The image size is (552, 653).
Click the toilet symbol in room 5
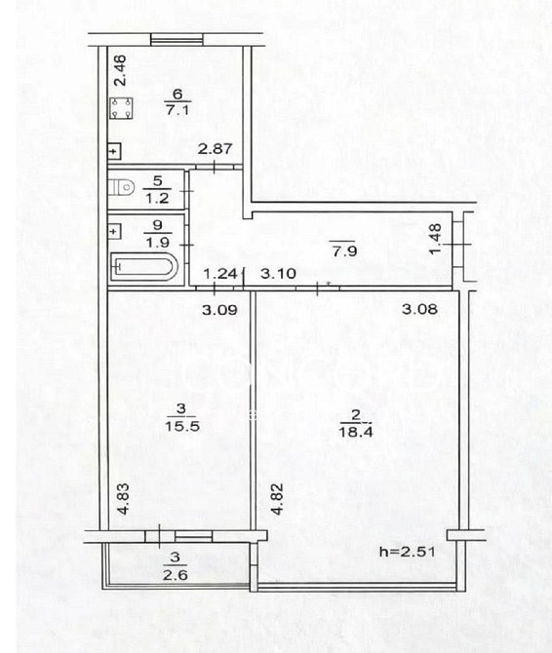121,187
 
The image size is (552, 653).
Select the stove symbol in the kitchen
121,108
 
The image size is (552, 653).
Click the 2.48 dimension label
120,71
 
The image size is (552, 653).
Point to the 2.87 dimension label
215,149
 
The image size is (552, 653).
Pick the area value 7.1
177,110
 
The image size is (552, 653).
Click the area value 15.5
182,426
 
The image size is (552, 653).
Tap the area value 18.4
355,432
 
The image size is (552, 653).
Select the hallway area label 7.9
344,251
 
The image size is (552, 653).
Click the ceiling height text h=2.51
408,552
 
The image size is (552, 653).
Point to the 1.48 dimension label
435,239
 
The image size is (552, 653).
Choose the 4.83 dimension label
123,498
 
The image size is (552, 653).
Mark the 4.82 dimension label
277,498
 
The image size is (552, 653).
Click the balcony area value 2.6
175,575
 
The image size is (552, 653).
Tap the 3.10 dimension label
278,274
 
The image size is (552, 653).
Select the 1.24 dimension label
220,274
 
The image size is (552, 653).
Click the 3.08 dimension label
419,309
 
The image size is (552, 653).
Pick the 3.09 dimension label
219,310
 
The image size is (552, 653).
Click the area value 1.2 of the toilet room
157,198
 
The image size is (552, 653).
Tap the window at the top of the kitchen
177,40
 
